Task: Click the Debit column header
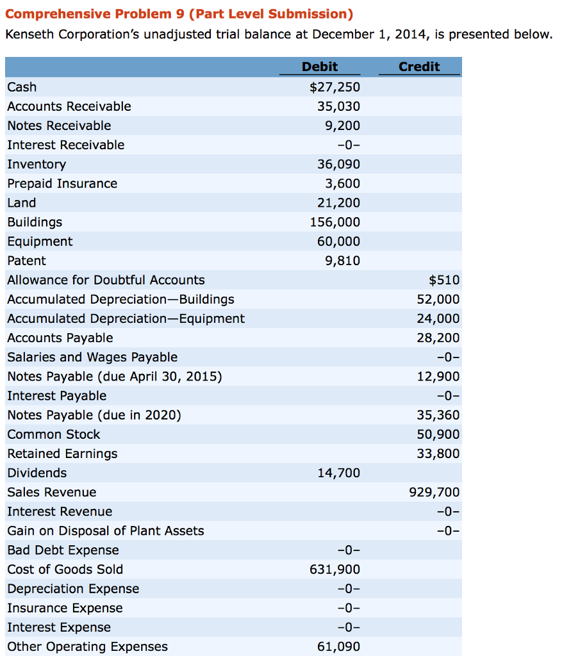pyautogui.click(x=320, y=67)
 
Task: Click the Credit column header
pyautogui.click(x=419, y=67)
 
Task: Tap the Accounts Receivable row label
pyautogui.click(x=69, y=106)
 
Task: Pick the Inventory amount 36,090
pyautogui.click(x=339, y=164)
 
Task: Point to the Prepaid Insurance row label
pyautogui.click(x=62, y=184)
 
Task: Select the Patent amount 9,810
pyautogui.click(x=342, y=261)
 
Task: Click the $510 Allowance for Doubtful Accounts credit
pyautogui.click(x=444, y=280)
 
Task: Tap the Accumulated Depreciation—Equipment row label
pyautogui.click(x=126, y=318)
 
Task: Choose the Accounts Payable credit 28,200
pyautogui.click(x=438, y=338)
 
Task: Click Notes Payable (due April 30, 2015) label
pyautogui.click(x=115, y=377)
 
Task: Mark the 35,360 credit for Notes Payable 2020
pyautogui.click(x=438, y=415)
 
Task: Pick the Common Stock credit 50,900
pyautogui.click(x=438, y=434)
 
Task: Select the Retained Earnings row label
pyautogui.click(x=62, y=454)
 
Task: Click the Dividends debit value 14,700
pyautogui.click(x=339, y=473)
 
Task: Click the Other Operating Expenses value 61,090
pyautogui.click(x=339, y=646)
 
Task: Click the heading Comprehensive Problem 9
pyautogui.click(x=179, y=14)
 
